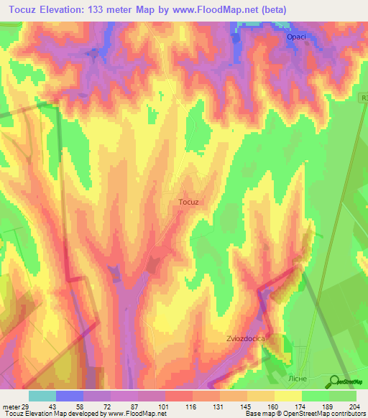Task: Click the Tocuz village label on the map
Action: pyautogui.click(x=188, y=203)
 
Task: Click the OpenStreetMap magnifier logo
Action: pyautogui.click(x=334, y=381)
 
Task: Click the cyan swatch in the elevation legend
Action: pyautogui.click(x=42, y=396)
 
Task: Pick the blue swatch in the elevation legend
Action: pyautogui.click(x=70, y=396)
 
